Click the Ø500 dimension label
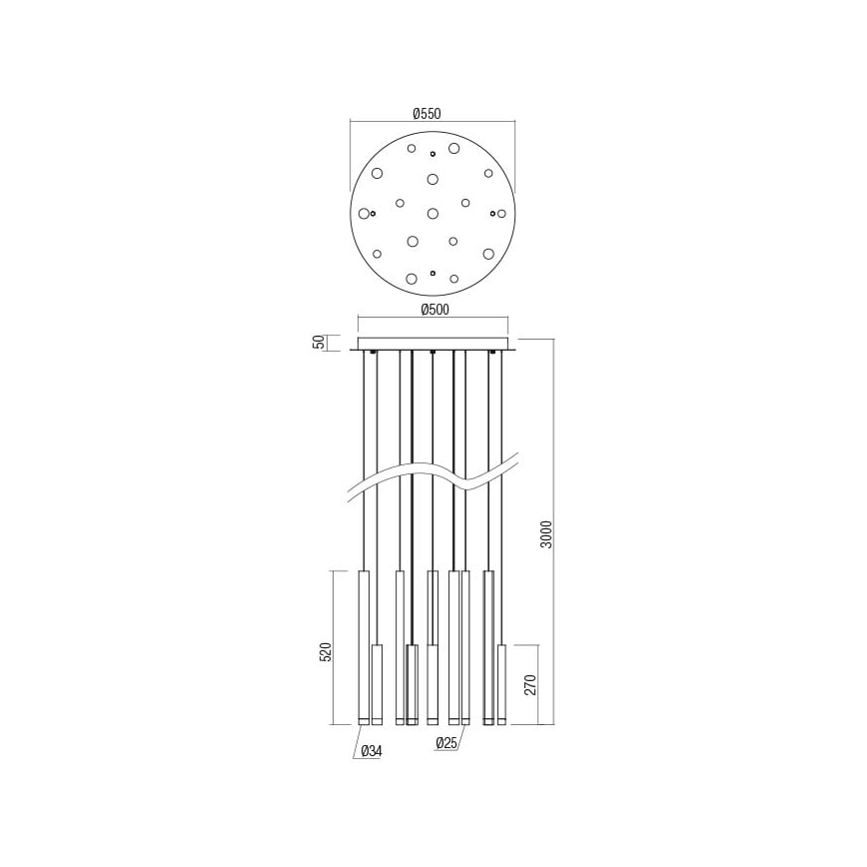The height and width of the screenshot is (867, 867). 433,310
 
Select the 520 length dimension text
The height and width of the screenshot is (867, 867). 324,653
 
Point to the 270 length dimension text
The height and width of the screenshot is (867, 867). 530,684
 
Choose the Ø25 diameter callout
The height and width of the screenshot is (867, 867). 447,743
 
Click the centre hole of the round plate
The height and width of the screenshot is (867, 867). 433,213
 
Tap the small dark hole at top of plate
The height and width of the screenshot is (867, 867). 433,154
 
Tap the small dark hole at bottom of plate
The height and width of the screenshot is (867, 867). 433,272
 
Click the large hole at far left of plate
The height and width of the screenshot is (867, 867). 364,213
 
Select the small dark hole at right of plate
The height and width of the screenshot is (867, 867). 491,213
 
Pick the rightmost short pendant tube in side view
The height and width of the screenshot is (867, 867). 501,683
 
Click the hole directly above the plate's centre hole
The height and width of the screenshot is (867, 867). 433,179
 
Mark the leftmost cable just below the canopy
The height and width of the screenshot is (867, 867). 364,380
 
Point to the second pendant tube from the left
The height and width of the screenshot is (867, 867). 377,683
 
